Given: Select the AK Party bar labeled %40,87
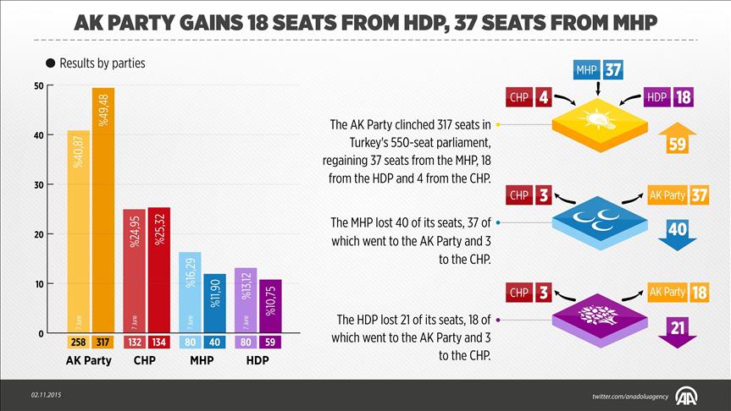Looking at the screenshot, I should [x=78, y=232].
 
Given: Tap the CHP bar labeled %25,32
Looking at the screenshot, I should [x=158, y=270].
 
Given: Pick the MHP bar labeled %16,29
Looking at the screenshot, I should [x=190, y=293].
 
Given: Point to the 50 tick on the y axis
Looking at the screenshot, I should [x=39, y=86].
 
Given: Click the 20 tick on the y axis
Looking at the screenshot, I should [x=39, y=234].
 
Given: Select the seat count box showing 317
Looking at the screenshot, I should [x=103, y=342].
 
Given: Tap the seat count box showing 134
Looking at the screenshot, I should [x=158, y=342].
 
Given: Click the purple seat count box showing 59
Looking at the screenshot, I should [x=271, y=342].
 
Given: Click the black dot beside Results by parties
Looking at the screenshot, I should [x=51, y=63].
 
